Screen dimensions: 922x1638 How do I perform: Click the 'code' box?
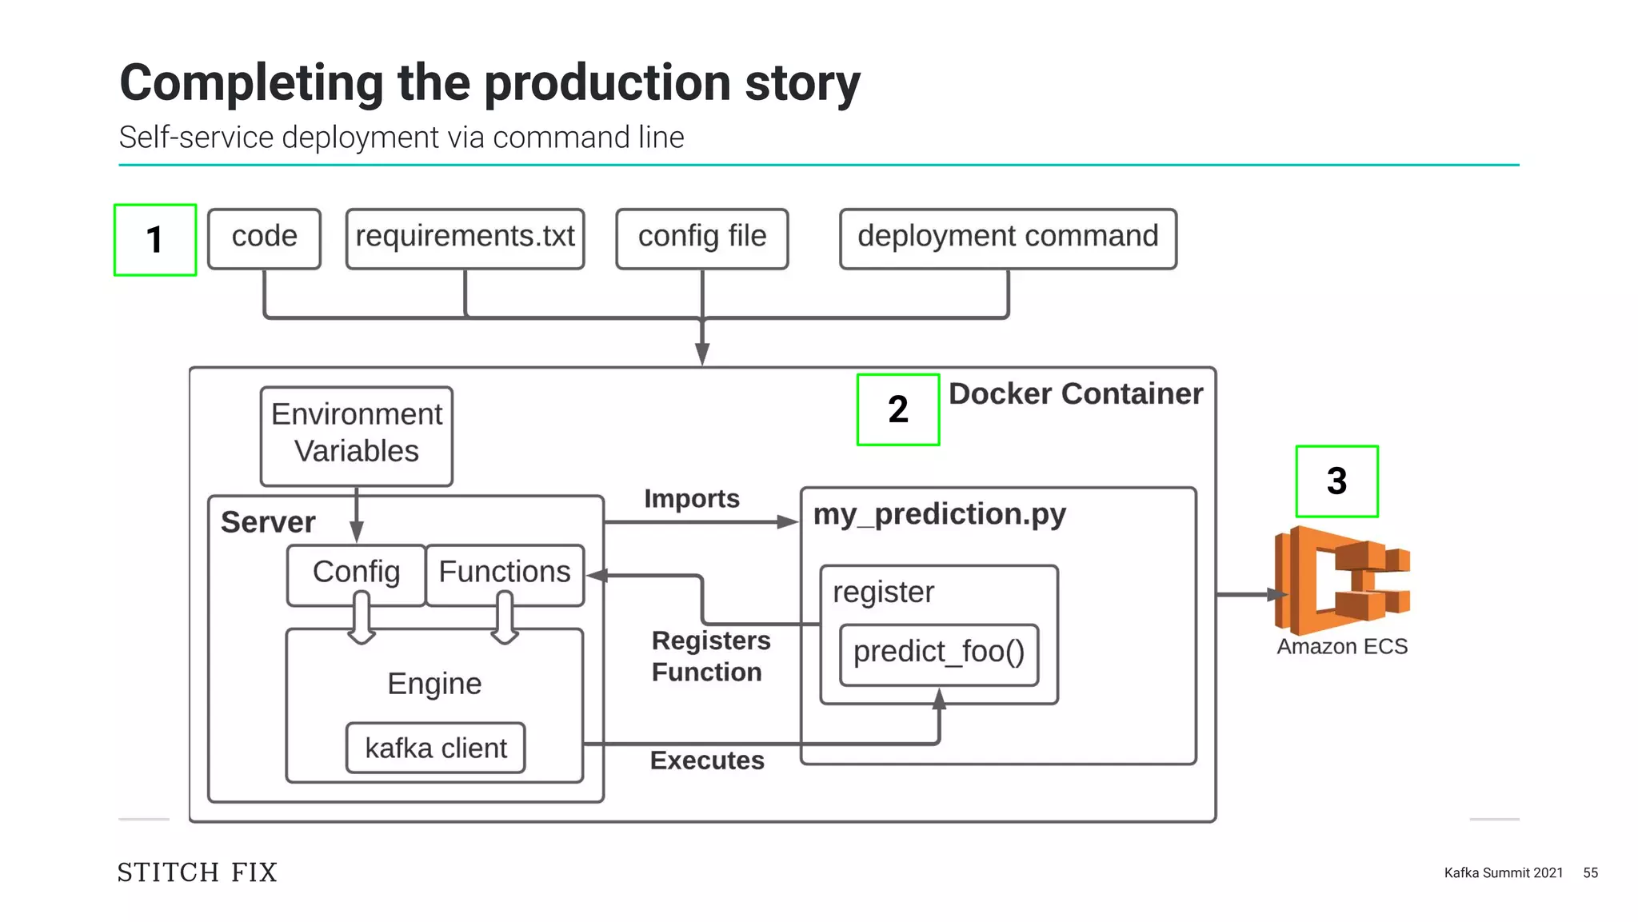[264, 238]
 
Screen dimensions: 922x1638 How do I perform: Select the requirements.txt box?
[465, 238]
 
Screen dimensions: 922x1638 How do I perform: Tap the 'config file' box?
[701, 238]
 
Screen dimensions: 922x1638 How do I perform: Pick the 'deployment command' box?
[1008, 238]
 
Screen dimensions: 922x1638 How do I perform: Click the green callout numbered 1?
[155, 240]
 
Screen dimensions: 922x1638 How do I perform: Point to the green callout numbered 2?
[897, 409]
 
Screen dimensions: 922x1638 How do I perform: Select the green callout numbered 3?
[1336, 481]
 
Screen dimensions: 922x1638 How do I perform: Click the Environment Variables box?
[357, 436]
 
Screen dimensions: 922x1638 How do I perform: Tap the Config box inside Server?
[356, 573]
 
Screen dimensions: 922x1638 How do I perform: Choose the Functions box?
[505, 573]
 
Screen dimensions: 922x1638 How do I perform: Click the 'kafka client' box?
[436, 748]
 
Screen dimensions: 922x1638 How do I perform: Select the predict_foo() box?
[939, 653]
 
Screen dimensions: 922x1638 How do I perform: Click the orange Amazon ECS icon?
[1341, 581]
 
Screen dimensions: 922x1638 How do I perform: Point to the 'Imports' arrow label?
[692, 499]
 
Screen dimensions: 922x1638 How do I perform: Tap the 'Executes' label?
[707, 760]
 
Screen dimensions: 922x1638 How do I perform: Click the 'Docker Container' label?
[1075, 394]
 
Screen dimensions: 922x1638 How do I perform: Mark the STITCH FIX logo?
[198, 872]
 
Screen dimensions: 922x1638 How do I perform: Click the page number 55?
[1590, 873]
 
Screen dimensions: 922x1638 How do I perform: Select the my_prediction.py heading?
[939, 514]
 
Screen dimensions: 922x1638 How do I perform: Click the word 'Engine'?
[434, 685]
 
